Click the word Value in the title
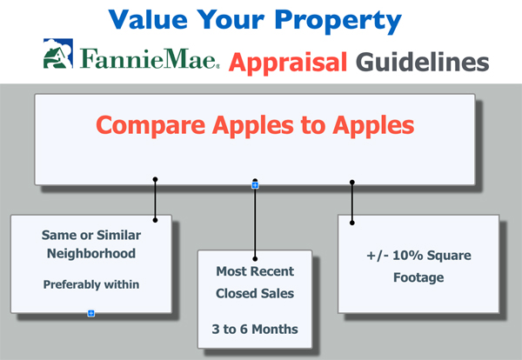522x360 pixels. pos(148,20)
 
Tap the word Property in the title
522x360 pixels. pos(338,22)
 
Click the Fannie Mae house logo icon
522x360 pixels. pos(58,53)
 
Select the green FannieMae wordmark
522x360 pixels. pos(149,58)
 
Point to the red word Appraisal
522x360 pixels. pos(288,63)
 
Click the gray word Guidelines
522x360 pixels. pos(423,62)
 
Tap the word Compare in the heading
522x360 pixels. pos(151,126)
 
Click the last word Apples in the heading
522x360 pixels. pos(373,126)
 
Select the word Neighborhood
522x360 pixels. pos(91,254)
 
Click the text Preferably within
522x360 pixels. pos(91,284)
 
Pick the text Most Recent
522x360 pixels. pos(255,271)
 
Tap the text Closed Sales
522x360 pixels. pos(255,293)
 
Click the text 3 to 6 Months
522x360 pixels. pos(255,329)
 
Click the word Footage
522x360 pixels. pos(418,277)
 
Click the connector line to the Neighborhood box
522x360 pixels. pos(155,200)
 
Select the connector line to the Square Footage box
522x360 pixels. pos(352,203)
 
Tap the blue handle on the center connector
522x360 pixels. pos(255,185)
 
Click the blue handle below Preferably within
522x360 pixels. pos(90,313)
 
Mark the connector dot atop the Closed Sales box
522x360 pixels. pos(255,258)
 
